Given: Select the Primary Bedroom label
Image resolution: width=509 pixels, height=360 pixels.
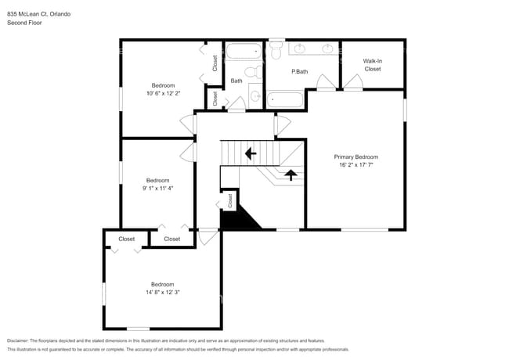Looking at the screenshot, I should pyautogui.click(x=356, y=157).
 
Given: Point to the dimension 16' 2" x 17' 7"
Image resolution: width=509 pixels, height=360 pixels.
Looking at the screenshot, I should pyautogui.click(x=356, y=165).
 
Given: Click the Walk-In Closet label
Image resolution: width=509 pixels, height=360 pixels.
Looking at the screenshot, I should pyautogui.click(x=372, y=64).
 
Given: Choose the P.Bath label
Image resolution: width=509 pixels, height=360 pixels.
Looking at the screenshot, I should pyautogui.click(x=298, y=72).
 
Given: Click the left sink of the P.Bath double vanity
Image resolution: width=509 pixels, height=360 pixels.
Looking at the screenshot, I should pyautogui.click(x=299, y=49).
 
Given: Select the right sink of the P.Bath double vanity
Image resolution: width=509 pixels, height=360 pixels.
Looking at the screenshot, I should pyautogui.click(x=327, y=49).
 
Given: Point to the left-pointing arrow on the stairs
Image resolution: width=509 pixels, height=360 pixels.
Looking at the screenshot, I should pyautogui.click(x=251, y=153).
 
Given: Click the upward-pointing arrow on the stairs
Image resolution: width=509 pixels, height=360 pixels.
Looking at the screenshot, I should pyautogui.click(x=290, y=174).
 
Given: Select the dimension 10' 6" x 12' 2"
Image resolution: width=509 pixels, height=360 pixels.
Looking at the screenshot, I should pyautogui.click(x=163, y=93).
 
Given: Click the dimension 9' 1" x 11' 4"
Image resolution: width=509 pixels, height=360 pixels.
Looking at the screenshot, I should pyautogui.click(x=157, y=188).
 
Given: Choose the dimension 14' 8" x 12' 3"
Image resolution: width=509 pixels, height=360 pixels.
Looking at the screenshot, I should pyautogui.click(x=162, y=292).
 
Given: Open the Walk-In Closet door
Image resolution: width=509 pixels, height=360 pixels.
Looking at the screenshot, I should pyautogui.click(x=353, y=83).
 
